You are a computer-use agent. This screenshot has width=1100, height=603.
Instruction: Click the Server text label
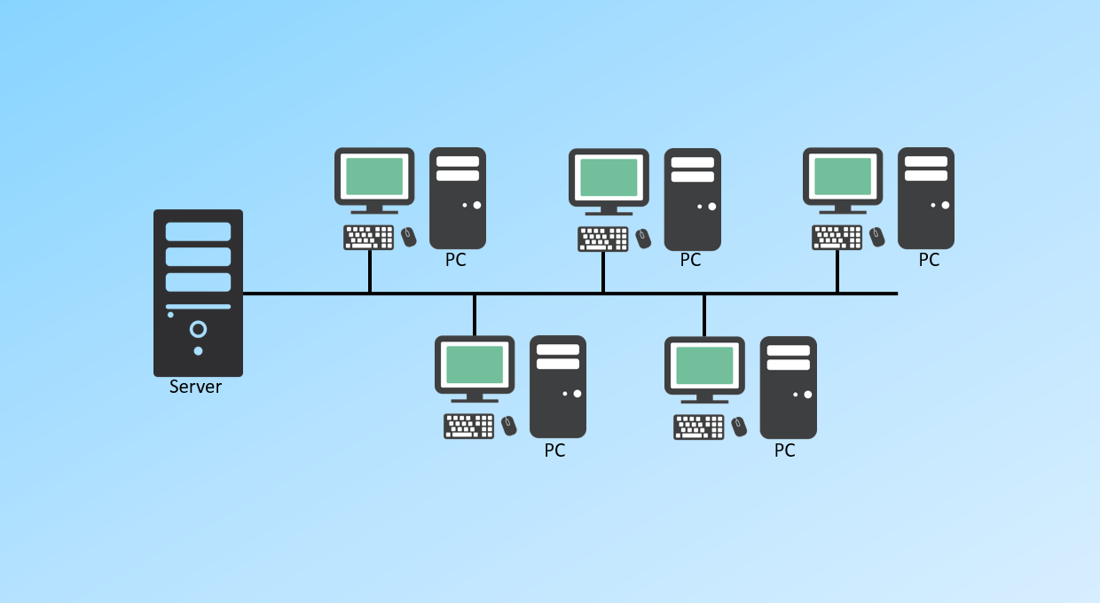point(195,388)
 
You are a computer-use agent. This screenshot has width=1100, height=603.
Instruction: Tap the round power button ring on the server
point(198,330)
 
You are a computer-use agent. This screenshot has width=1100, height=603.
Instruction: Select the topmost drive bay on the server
point(198,231)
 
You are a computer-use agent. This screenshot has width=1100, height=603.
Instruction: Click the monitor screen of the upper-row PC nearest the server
point(374,176)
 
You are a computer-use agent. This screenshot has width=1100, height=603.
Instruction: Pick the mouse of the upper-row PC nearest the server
point(408,237)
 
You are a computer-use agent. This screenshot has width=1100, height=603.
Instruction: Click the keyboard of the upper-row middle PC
point(603,239)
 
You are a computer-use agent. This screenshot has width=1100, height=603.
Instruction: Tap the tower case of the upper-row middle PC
point(692,199)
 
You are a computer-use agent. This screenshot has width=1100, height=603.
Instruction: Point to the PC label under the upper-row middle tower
point(690,261)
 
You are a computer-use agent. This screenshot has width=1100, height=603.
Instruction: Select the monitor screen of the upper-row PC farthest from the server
point(843,176)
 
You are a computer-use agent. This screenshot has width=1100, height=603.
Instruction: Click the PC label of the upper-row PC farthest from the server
point(929,261)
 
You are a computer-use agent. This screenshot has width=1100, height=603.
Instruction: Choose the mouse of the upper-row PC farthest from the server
point(876,237)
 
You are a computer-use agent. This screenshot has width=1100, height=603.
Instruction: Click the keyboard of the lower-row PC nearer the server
point(469,426)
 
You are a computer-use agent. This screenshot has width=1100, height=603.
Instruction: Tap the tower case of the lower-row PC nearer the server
point(557,386)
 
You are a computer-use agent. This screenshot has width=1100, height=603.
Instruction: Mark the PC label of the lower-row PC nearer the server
point(554,450)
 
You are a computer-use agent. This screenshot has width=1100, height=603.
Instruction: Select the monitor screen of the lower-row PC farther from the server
point(704,364)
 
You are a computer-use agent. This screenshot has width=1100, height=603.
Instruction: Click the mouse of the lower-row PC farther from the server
point(740,427)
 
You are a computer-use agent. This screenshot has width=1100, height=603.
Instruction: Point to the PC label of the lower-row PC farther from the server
point(784,450)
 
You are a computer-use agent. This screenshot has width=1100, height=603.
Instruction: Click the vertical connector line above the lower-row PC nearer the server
point(475,315)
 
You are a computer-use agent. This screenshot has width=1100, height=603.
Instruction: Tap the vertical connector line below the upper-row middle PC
point(603,272)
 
